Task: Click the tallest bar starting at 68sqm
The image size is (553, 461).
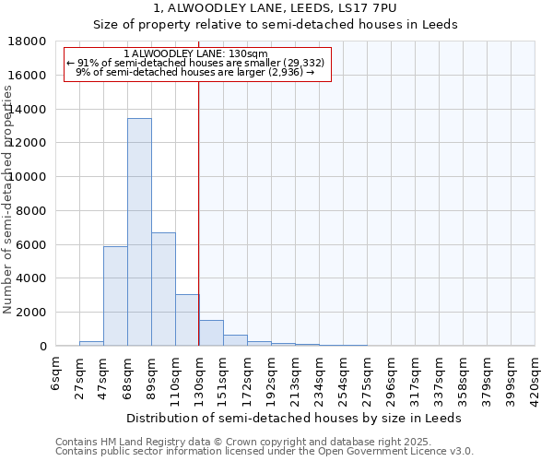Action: [x=139, y=232]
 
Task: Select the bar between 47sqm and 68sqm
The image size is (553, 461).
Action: [x=115, y=296]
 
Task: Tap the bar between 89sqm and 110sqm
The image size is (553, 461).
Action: [x=163, y=290]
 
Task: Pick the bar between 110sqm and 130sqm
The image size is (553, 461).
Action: [x=187, y=320]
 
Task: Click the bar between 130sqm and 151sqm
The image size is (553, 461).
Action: [x=211, y=333]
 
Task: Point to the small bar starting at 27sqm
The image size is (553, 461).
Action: [x=91, y=343]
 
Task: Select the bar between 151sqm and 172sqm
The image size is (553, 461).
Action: [x=235, y=340]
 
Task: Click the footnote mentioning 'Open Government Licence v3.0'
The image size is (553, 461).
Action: [x=264, y=452]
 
